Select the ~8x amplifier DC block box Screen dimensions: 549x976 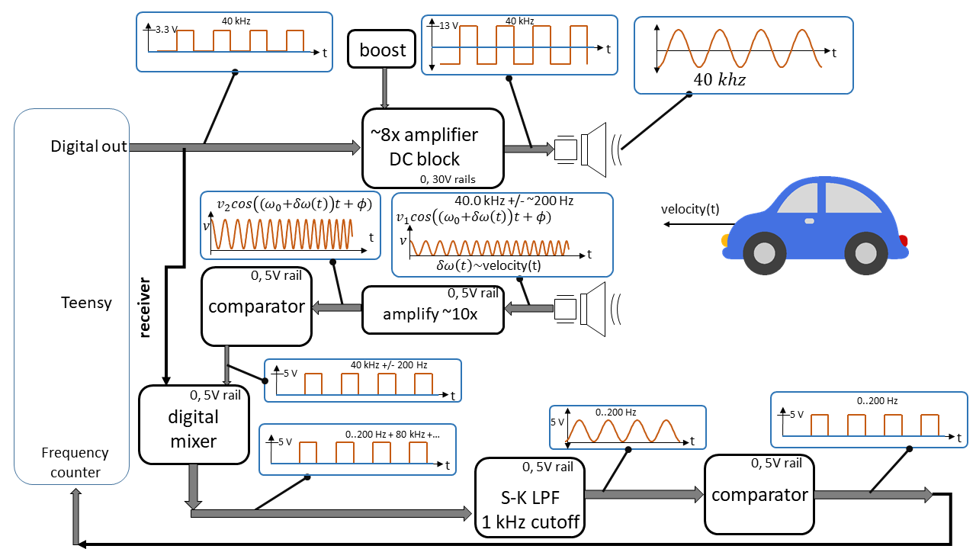tap(432, 148)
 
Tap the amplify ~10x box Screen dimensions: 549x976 tap(432, 310)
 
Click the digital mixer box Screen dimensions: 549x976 tap(194, 427)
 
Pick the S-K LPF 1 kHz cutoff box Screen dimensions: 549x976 tap(529, 496)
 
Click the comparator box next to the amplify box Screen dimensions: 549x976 tap(256, 306)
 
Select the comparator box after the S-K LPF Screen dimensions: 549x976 tap(759, 494)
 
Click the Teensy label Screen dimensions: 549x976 tap(86, 303)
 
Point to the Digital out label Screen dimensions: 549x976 tap(88, 146)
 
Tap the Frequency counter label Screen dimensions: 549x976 tap(75, 462)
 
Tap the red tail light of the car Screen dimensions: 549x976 tap(903, 242)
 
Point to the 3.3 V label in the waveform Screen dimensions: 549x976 tap(166, 30)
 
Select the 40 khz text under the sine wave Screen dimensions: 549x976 tap(719, 79)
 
